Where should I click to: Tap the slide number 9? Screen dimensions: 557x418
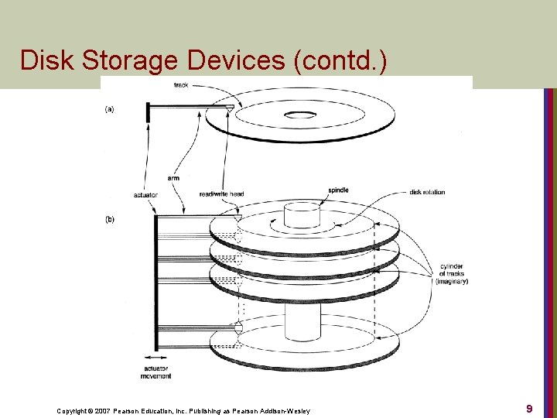[529, 408]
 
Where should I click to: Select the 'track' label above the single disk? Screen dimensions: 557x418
[181, 84]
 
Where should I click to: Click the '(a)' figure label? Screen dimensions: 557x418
[109, 109]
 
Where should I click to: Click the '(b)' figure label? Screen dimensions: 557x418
[109, 219]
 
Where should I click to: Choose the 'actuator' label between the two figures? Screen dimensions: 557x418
[145, 194]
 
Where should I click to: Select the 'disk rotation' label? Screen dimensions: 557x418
[427, 192]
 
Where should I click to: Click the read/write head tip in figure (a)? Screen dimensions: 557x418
[231, 109]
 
